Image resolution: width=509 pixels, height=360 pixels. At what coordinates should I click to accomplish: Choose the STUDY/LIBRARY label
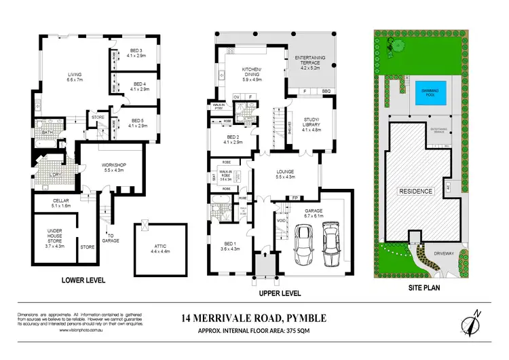pos(309,126)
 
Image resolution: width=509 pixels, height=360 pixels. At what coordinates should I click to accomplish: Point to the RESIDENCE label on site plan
pos(415,192)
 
